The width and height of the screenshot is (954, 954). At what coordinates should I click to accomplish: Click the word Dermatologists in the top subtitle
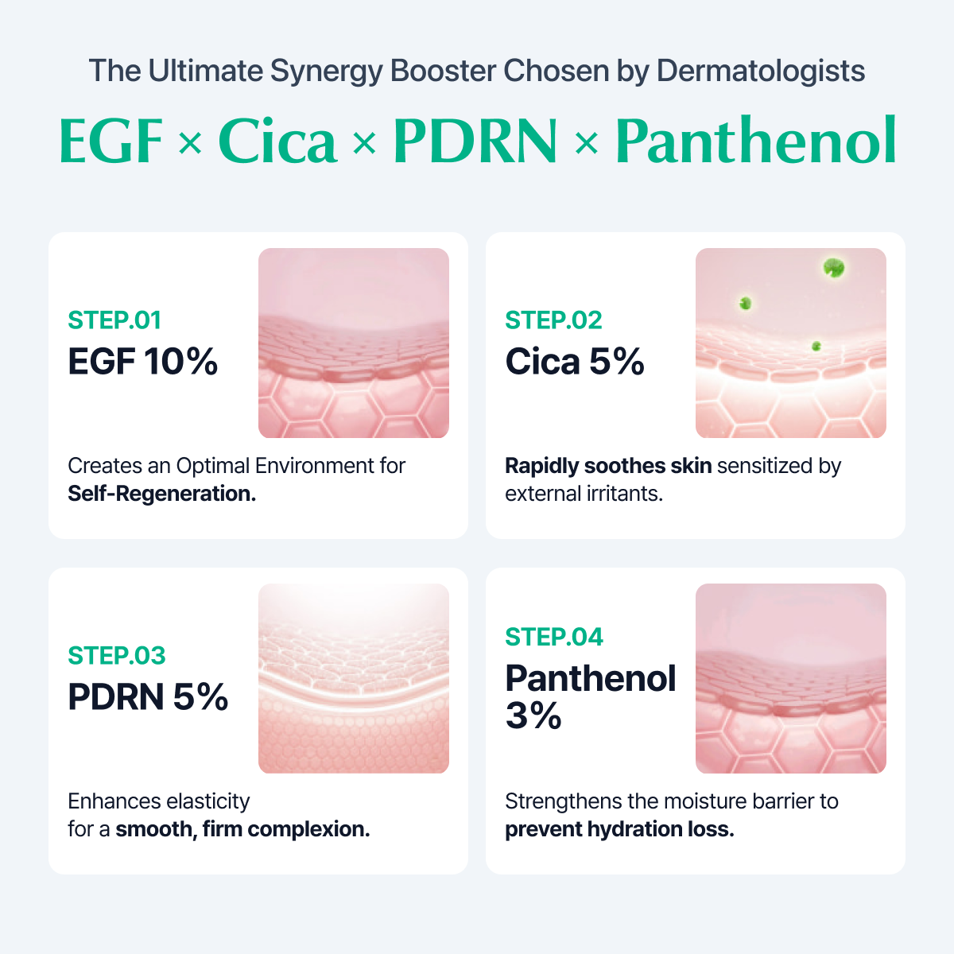point(761,72)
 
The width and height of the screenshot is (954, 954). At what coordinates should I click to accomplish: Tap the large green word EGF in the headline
point(111,141)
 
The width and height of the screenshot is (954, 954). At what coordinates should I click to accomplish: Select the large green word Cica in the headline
point(277,141)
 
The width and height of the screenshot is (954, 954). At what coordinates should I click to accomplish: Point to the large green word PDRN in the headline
point(475,141)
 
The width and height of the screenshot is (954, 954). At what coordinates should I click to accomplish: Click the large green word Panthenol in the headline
point(756,140)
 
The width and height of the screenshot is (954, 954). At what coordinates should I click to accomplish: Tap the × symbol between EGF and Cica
point(190,143)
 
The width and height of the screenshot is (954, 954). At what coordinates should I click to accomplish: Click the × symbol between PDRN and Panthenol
point(587,143)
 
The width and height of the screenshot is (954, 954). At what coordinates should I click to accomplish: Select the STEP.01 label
point(114,320)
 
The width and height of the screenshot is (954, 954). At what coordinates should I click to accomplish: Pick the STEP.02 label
point(553,320)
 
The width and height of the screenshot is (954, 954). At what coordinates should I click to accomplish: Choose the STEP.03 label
point(117,656)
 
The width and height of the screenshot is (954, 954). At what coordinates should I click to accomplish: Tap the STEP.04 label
point(554,637)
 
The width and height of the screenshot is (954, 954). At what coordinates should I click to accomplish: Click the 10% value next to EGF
point(181,362)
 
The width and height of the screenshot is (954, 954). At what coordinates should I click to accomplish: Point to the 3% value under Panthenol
point(533,715)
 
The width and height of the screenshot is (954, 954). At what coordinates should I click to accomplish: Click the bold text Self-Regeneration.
point(162,494)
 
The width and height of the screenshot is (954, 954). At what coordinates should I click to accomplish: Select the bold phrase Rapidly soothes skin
point(608,467)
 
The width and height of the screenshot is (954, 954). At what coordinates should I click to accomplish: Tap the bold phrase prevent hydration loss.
point(619,829)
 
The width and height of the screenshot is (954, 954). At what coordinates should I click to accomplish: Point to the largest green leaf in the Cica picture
point(834,268)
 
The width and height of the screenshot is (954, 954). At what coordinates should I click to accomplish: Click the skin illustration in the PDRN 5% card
point(354,678)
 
